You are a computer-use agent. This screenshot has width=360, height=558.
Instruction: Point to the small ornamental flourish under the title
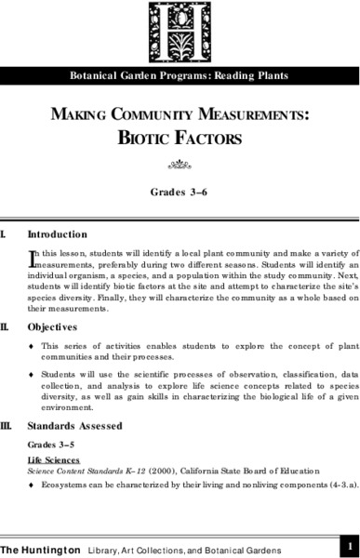pos(180,168)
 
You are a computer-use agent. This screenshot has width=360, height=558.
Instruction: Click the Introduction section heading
pos(58,233)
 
